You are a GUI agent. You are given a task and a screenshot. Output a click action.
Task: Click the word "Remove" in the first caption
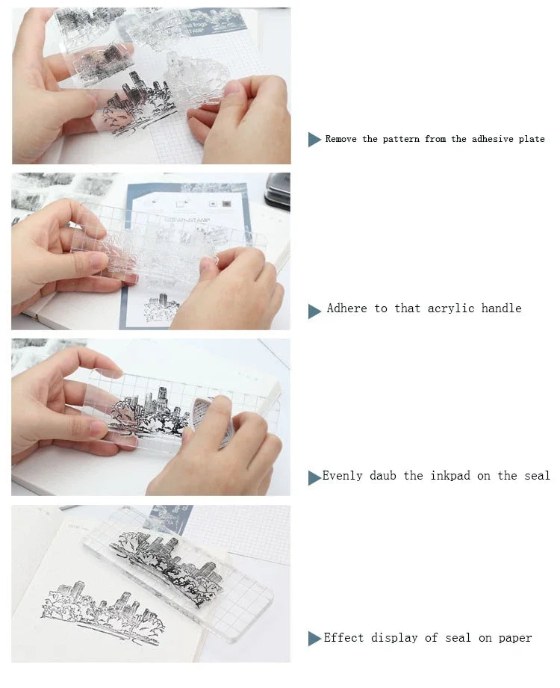[x=340, y=139]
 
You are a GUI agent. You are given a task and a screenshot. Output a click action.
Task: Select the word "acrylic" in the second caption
[x=451, y=309]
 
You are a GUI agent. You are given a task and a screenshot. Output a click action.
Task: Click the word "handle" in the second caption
[x=502, y=308]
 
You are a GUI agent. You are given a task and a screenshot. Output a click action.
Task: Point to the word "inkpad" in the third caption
[x=450, y=476]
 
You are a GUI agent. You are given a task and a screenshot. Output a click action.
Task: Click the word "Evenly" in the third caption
[x=343, y=476]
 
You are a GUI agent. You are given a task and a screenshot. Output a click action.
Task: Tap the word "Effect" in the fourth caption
[x=343, y=637]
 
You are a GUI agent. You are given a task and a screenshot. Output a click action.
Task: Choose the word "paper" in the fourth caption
[x=515, y=639]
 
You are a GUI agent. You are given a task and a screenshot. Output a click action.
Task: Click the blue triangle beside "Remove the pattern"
[x=314, y=140]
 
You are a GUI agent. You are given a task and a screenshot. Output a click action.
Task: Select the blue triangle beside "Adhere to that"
[x=314, y=312]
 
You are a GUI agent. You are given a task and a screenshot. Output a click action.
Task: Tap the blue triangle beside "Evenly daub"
[x=314, y=478]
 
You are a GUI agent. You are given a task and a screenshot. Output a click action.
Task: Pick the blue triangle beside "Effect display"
[x=314, y=639]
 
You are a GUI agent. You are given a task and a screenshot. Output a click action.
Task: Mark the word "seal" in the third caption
[x=537, y=476]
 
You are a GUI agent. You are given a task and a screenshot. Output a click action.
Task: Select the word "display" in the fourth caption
[x=394, y=638]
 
